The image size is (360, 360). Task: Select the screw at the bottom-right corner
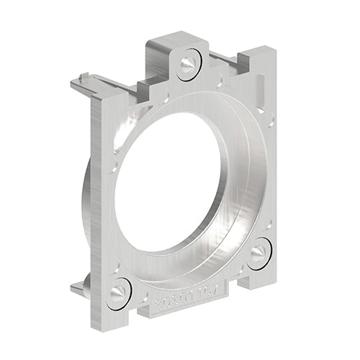pyautogui.click(x=259, y=253)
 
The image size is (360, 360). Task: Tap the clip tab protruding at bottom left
pyautogui.click(x=78, y=287)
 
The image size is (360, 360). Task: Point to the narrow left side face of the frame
pyautogui.click(x=95, y=194)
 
